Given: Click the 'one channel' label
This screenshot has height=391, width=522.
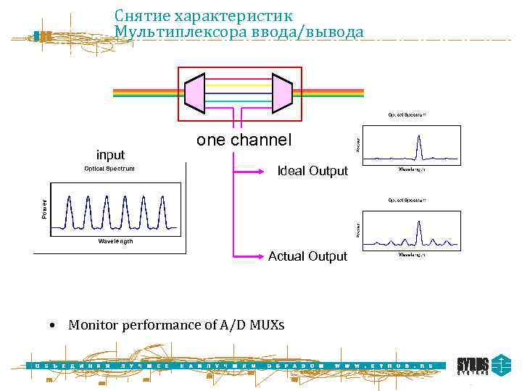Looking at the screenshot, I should (244, 140).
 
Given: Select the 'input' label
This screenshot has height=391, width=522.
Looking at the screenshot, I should (110, 154).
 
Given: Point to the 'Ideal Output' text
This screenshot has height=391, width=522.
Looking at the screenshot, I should (313, 171).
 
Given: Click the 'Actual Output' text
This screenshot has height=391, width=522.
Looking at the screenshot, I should (307, 256).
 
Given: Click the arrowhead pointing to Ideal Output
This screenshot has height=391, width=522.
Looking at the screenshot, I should (271, 172).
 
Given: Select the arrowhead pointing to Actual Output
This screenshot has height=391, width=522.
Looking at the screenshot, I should (262, 256).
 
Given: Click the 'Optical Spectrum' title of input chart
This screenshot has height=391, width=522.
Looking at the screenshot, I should (109, 169).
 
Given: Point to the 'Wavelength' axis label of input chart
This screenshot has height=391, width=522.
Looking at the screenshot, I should (112, 241).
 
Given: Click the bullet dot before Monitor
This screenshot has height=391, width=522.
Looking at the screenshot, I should (54, 325).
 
